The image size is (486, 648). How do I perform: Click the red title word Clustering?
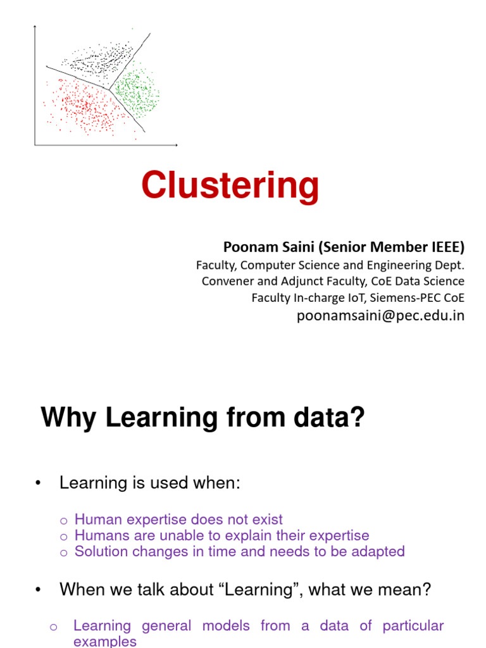(x=230, y=187)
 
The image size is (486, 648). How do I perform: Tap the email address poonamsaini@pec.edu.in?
(x=380, y=316)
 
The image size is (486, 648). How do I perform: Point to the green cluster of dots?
(x=137, y=92)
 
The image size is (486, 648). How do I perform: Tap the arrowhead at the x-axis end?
(x=176, y=145)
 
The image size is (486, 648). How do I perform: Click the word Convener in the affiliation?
(x=226, y=281)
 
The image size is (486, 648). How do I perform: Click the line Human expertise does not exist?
(x=178, y=520)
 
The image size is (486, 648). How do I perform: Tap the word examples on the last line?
(x=105, y=641)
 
